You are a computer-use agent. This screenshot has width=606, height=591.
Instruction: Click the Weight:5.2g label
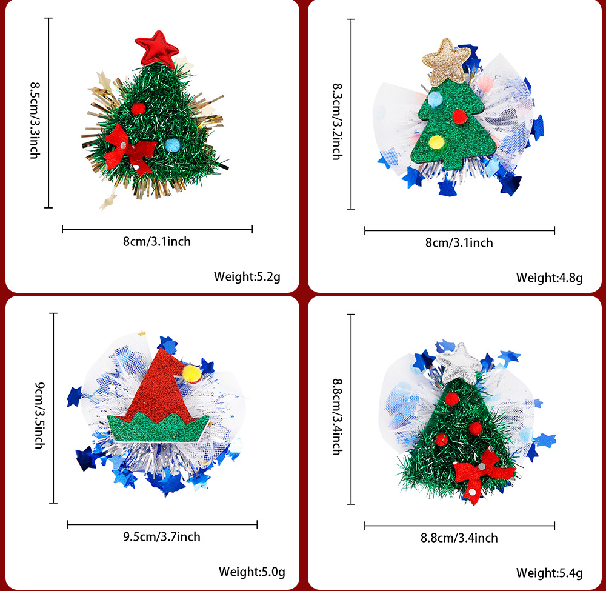pos(247,276)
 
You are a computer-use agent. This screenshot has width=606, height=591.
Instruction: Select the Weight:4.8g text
pos(549,278)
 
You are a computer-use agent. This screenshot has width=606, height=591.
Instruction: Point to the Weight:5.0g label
pos(251,571)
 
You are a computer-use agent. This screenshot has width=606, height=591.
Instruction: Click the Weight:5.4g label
pos(549,572)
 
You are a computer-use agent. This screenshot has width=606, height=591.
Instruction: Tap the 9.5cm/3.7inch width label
pos(162,536)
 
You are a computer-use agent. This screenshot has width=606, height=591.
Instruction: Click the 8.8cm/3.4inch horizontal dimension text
pos(459,537)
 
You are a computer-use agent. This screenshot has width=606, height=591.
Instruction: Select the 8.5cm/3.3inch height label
pos(35,121)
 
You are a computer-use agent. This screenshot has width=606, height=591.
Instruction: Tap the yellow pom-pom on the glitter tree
pos(436,142)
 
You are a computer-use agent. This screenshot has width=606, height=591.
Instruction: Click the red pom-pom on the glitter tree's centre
pos(459,115)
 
